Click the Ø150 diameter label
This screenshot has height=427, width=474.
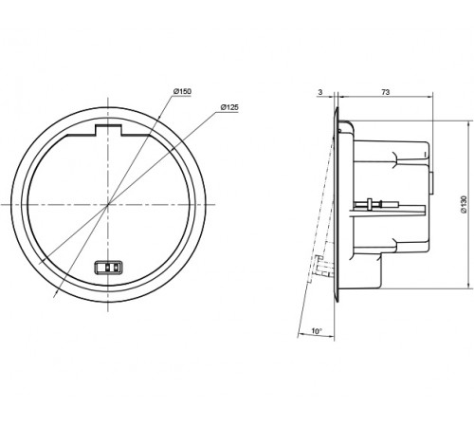tap(182, 91)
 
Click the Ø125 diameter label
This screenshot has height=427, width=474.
tap(229, 107)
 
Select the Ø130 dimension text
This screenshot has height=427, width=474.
tap(464, 204)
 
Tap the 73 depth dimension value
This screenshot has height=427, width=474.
tap(386, 92)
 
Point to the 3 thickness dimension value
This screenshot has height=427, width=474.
tap(320, 92)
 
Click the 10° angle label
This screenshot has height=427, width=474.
tap(317, 331)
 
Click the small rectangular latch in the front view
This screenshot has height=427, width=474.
tap(108, 268)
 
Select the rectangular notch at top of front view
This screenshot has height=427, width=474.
tap(108, 130)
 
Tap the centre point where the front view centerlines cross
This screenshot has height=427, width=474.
tap(108, 204)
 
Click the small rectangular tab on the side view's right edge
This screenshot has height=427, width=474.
tap(430, 183)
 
